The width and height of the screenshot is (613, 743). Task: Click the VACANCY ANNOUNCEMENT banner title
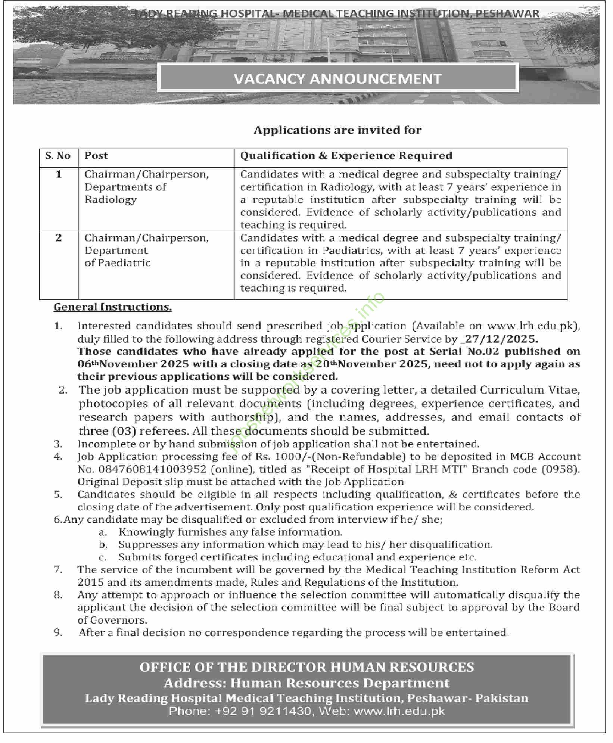point(337,78)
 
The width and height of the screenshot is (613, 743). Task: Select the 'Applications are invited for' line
point(337,130)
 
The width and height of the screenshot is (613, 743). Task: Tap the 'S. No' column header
point(58,156)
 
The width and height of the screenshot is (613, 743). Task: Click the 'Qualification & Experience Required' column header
point(346,156)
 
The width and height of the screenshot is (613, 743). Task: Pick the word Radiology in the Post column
point(111,199)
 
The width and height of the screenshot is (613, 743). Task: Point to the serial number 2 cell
point(59,238)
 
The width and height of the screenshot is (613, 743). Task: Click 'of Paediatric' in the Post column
point(117,263)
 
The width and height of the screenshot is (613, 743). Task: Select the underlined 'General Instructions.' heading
point(112,307)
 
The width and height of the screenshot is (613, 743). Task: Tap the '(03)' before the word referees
point(121,431)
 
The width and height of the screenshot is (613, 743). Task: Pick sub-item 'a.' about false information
point(103,532)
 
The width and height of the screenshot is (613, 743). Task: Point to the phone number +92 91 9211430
point(263,711)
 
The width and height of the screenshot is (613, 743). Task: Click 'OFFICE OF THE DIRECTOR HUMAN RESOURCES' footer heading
point(306,667)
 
